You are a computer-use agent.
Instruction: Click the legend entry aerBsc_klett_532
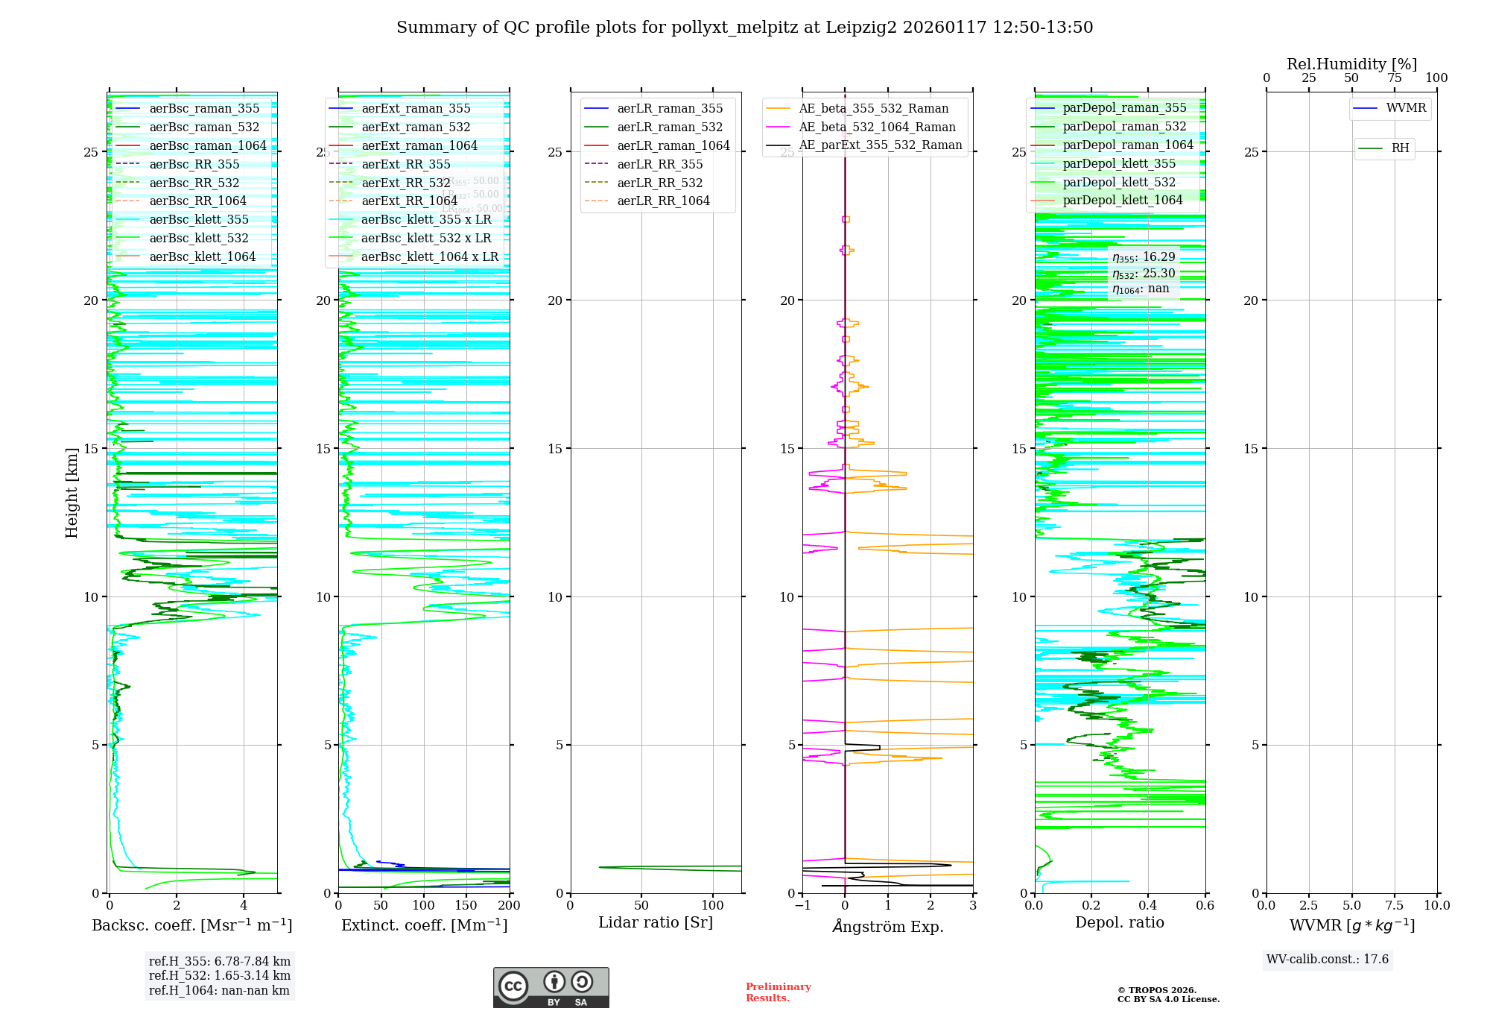point(198,239)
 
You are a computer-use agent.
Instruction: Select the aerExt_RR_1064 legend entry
point(409,201)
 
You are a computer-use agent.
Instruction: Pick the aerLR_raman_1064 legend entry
point(673,145)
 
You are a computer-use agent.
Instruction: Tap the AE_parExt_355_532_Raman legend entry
point(880,145)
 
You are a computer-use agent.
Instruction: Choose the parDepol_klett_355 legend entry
point(1119,164)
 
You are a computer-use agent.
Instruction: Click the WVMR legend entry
point(1406,108)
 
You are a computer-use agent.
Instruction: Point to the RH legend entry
point(1400,148)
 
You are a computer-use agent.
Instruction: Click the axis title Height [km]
point(72,493)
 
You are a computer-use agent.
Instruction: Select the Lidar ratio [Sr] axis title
point(656,923)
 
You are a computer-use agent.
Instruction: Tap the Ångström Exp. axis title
point(888,927)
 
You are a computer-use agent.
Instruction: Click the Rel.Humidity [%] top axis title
point(1351,65)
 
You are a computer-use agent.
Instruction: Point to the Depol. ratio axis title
point(1119,923)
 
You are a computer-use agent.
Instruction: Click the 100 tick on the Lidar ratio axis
point(713,906)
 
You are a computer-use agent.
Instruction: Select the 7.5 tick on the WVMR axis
point(1395,906)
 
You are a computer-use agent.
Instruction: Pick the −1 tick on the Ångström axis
point(802,906)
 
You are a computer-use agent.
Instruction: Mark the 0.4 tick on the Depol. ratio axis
point(1148,906)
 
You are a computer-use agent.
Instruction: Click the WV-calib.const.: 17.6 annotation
point(1328,960)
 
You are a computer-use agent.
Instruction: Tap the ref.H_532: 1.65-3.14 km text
point(220,976)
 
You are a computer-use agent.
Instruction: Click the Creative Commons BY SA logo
point(551,988)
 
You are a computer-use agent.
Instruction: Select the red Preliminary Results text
point(778,992)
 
